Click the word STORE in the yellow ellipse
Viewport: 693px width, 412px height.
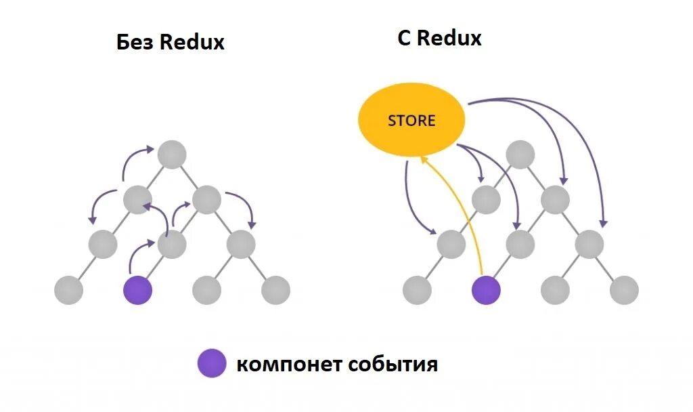coord(411,121)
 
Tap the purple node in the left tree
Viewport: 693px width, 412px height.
coord(138,291)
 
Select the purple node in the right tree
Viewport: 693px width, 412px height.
coord(486,291)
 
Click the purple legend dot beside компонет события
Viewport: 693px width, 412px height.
coord(212,364)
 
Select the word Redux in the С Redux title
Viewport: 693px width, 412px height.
coord(449,38)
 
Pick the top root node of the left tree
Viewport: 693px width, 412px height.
coord(172,155)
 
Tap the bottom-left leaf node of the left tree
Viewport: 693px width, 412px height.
coord(68,291)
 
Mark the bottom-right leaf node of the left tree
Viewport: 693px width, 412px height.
coord(276,291)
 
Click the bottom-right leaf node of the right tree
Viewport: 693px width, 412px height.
coord(624,291)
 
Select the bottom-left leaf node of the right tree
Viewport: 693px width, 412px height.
coord(417,291)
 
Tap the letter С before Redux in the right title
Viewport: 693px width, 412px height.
coord(404,38)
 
